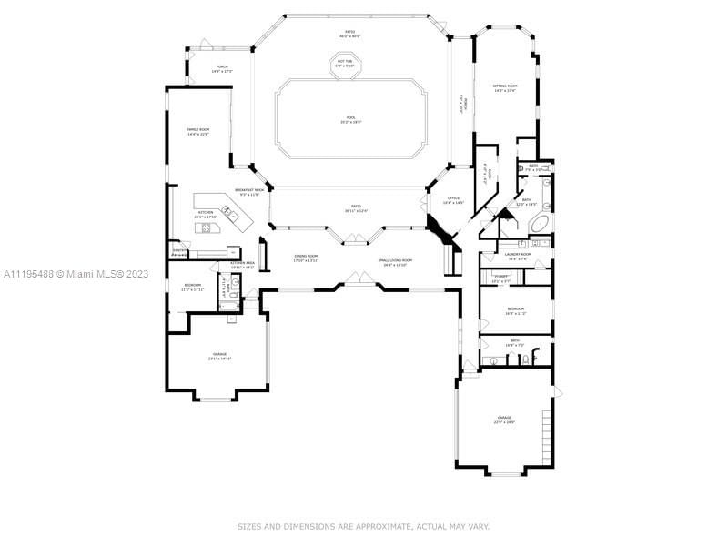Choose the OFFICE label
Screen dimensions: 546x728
(452, 199)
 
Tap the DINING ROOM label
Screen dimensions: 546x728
(306, 258)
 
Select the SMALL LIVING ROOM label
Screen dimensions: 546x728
(395, 262)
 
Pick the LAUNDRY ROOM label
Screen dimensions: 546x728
(517, 256)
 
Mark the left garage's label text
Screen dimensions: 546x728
(219, 356)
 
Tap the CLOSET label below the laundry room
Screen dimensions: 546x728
(500, 278)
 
